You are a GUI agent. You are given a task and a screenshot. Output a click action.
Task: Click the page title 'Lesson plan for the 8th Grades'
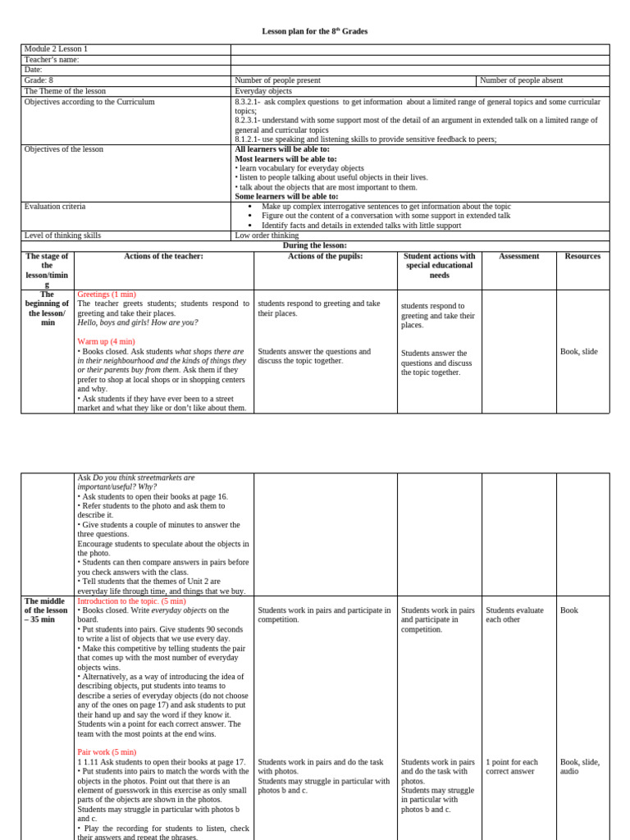click(315, 31)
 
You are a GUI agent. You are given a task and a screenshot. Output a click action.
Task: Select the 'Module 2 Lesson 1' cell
click(56, 49)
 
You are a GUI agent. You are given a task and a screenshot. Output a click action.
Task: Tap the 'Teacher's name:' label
click(52, 60)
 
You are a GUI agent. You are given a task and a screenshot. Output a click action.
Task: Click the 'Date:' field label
click(34, 70)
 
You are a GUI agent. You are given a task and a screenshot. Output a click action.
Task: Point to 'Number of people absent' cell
click(520, 80)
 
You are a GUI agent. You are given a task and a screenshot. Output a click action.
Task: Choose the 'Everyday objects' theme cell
click(263, 91)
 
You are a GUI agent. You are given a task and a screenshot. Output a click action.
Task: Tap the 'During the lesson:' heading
click(315, 245)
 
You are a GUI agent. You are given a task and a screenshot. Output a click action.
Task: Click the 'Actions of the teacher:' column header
click(163, 256)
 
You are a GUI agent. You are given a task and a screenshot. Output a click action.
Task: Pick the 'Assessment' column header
click(518, 256)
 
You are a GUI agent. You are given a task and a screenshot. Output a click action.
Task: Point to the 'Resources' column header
click(582, 256)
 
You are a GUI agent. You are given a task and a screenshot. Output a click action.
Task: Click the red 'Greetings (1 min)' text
click(107, 294)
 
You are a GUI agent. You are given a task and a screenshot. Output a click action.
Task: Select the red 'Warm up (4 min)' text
click(107, 341)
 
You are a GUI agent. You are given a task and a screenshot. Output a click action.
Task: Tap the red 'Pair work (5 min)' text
click(107, 751)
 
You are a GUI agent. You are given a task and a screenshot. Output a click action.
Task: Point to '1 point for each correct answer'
click(512, 766)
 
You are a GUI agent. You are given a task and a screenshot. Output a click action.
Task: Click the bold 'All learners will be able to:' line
click(282, 149)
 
